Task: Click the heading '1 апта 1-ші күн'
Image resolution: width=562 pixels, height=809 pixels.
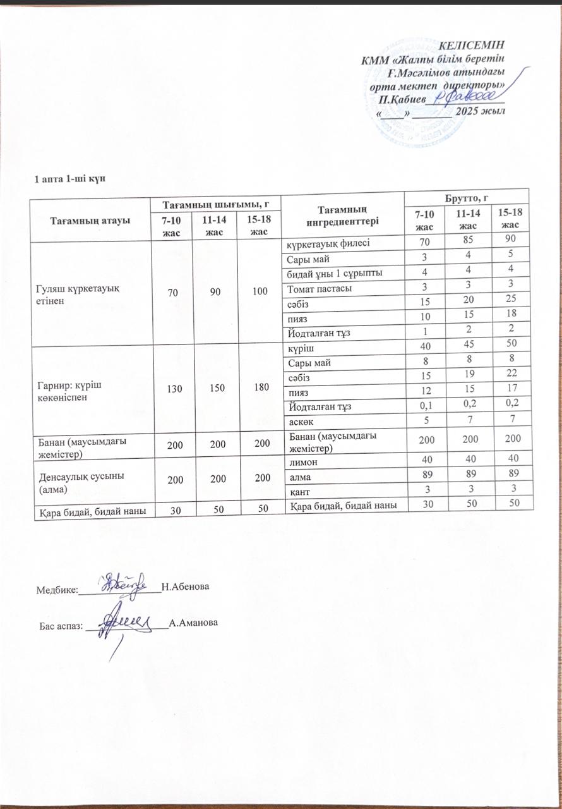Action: pyautogui.click(x=69, y=179)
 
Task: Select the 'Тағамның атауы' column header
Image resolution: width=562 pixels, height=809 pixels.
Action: pyautogui.click(x=90, y=220)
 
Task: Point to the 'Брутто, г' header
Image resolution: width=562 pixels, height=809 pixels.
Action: pyautogui.click(x=467, y=197)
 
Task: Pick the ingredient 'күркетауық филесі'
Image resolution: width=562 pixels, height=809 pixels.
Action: pyautogui.click(x=325, y=243)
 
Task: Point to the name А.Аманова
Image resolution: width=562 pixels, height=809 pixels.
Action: pyautogui.click(x=193, y=623)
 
